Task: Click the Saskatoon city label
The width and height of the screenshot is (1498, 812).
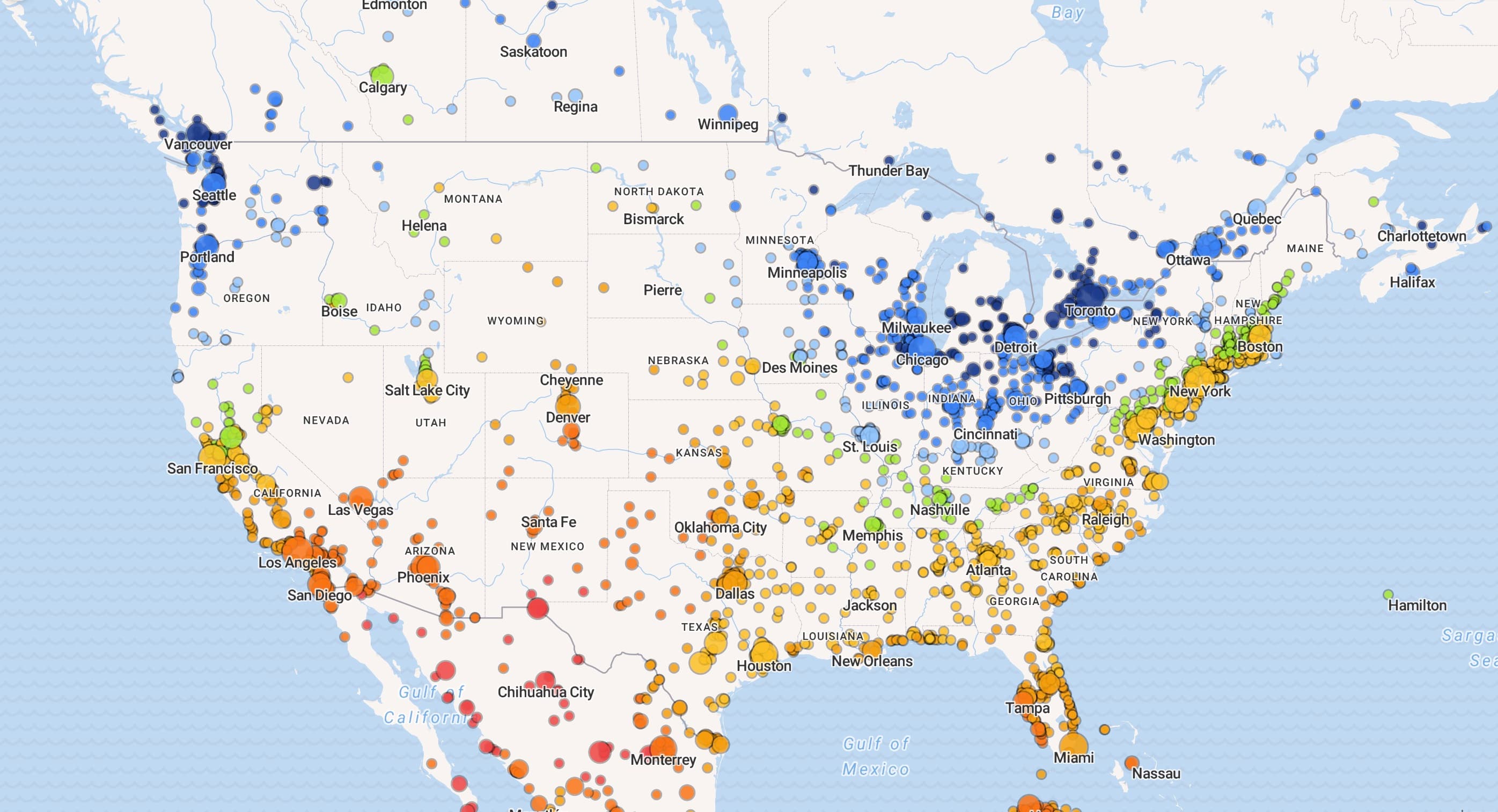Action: tap(533, 51)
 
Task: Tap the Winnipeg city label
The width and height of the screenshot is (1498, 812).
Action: tap(728, 124)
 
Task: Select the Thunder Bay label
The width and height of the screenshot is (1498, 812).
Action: tap(888, 171)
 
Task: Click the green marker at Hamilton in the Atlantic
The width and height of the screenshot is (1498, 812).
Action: tap(1387, 594)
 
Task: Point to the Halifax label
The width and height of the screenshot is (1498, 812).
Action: tap(1412, 283)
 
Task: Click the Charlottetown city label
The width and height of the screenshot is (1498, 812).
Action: tap(1421, 236)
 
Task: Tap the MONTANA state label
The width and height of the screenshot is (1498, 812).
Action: tap(473, 199)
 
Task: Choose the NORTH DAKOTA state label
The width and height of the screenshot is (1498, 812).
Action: tap(658, 191)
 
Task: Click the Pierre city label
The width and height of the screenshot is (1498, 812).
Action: tap(663, 290)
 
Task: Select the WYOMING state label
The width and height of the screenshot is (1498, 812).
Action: tap(515, 321)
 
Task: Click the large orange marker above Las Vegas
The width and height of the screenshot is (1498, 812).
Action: tap(361, 497)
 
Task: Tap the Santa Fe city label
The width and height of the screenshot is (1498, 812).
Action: tap(548, 522)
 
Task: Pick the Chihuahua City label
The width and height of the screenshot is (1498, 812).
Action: tap(546, 692)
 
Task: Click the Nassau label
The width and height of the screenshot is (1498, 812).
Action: tap(1156, 773)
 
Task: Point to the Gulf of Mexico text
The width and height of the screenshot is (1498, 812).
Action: tap(876, 756)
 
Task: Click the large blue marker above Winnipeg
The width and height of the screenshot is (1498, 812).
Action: tap(728, 113)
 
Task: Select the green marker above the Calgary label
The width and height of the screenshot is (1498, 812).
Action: tap(382, 74)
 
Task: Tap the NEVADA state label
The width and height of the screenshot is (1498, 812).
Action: tap(326, 420)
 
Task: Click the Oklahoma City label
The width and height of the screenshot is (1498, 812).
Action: tap(720, 527)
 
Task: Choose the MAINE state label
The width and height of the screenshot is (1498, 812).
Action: tap(1304, 248)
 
